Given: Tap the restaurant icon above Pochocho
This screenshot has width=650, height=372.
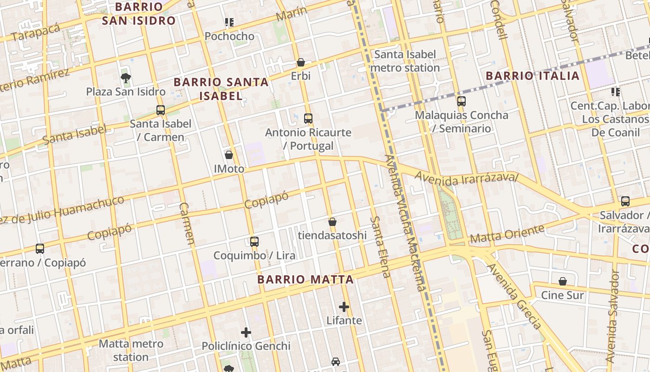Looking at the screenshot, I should click(229, 22).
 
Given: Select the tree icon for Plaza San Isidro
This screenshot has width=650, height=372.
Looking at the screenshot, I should click(125, 78).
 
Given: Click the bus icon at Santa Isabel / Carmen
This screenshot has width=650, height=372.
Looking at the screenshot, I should click(161, 110).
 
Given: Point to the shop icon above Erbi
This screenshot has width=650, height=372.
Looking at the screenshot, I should click(301, 62).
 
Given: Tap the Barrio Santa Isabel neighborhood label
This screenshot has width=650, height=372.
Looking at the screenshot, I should click(221, 89).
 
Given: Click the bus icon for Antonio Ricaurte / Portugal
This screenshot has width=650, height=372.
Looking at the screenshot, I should click(308, 119).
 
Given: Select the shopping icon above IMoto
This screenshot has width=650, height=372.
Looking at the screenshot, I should click(229, 155).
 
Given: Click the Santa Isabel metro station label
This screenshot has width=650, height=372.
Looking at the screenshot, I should click(406, 61).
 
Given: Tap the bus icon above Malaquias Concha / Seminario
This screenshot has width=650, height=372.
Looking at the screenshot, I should click(461, 101).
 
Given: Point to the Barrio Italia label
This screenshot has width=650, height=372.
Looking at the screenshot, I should click(533, 76).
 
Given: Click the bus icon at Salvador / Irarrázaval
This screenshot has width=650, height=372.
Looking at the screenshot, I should click(625, 201).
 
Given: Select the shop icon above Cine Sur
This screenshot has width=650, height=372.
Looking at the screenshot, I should click(563, 281).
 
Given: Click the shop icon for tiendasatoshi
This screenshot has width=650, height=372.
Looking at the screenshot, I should click(332, 222).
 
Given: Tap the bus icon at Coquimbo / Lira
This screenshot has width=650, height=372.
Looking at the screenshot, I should click(254, 242).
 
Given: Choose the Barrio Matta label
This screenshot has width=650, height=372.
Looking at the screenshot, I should click(305, 279).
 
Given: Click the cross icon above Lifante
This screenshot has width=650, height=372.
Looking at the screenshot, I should click(344, 307).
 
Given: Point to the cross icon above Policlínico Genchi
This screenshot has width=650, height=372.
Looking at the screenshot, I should click(246, 332).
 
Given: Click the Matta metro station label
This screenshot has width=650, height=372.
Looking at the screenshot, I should click(131, 350).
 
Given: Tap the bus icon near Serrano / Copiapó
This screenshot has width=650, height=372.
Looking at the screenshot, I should click(40, 249).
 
